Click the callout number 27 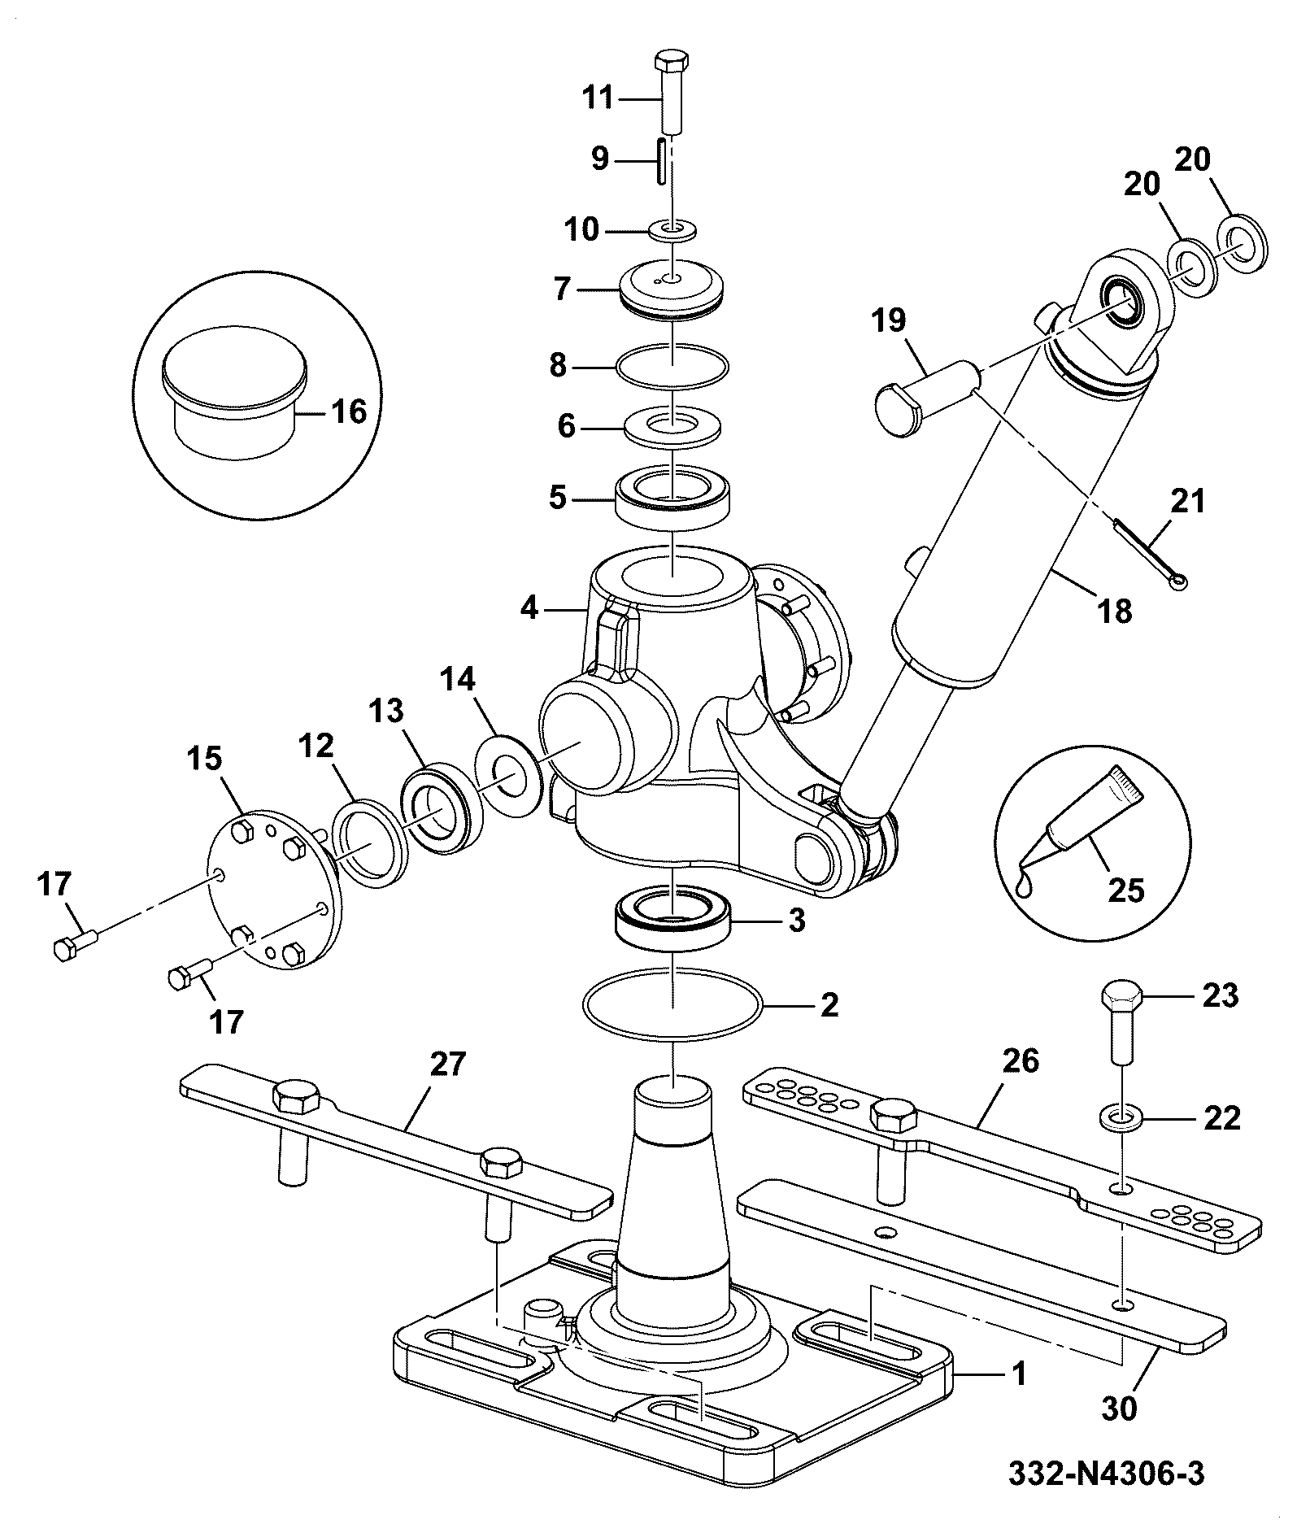(448, 1063)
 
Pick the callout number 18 (1115, 610)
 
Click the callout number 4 (529, 607)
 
